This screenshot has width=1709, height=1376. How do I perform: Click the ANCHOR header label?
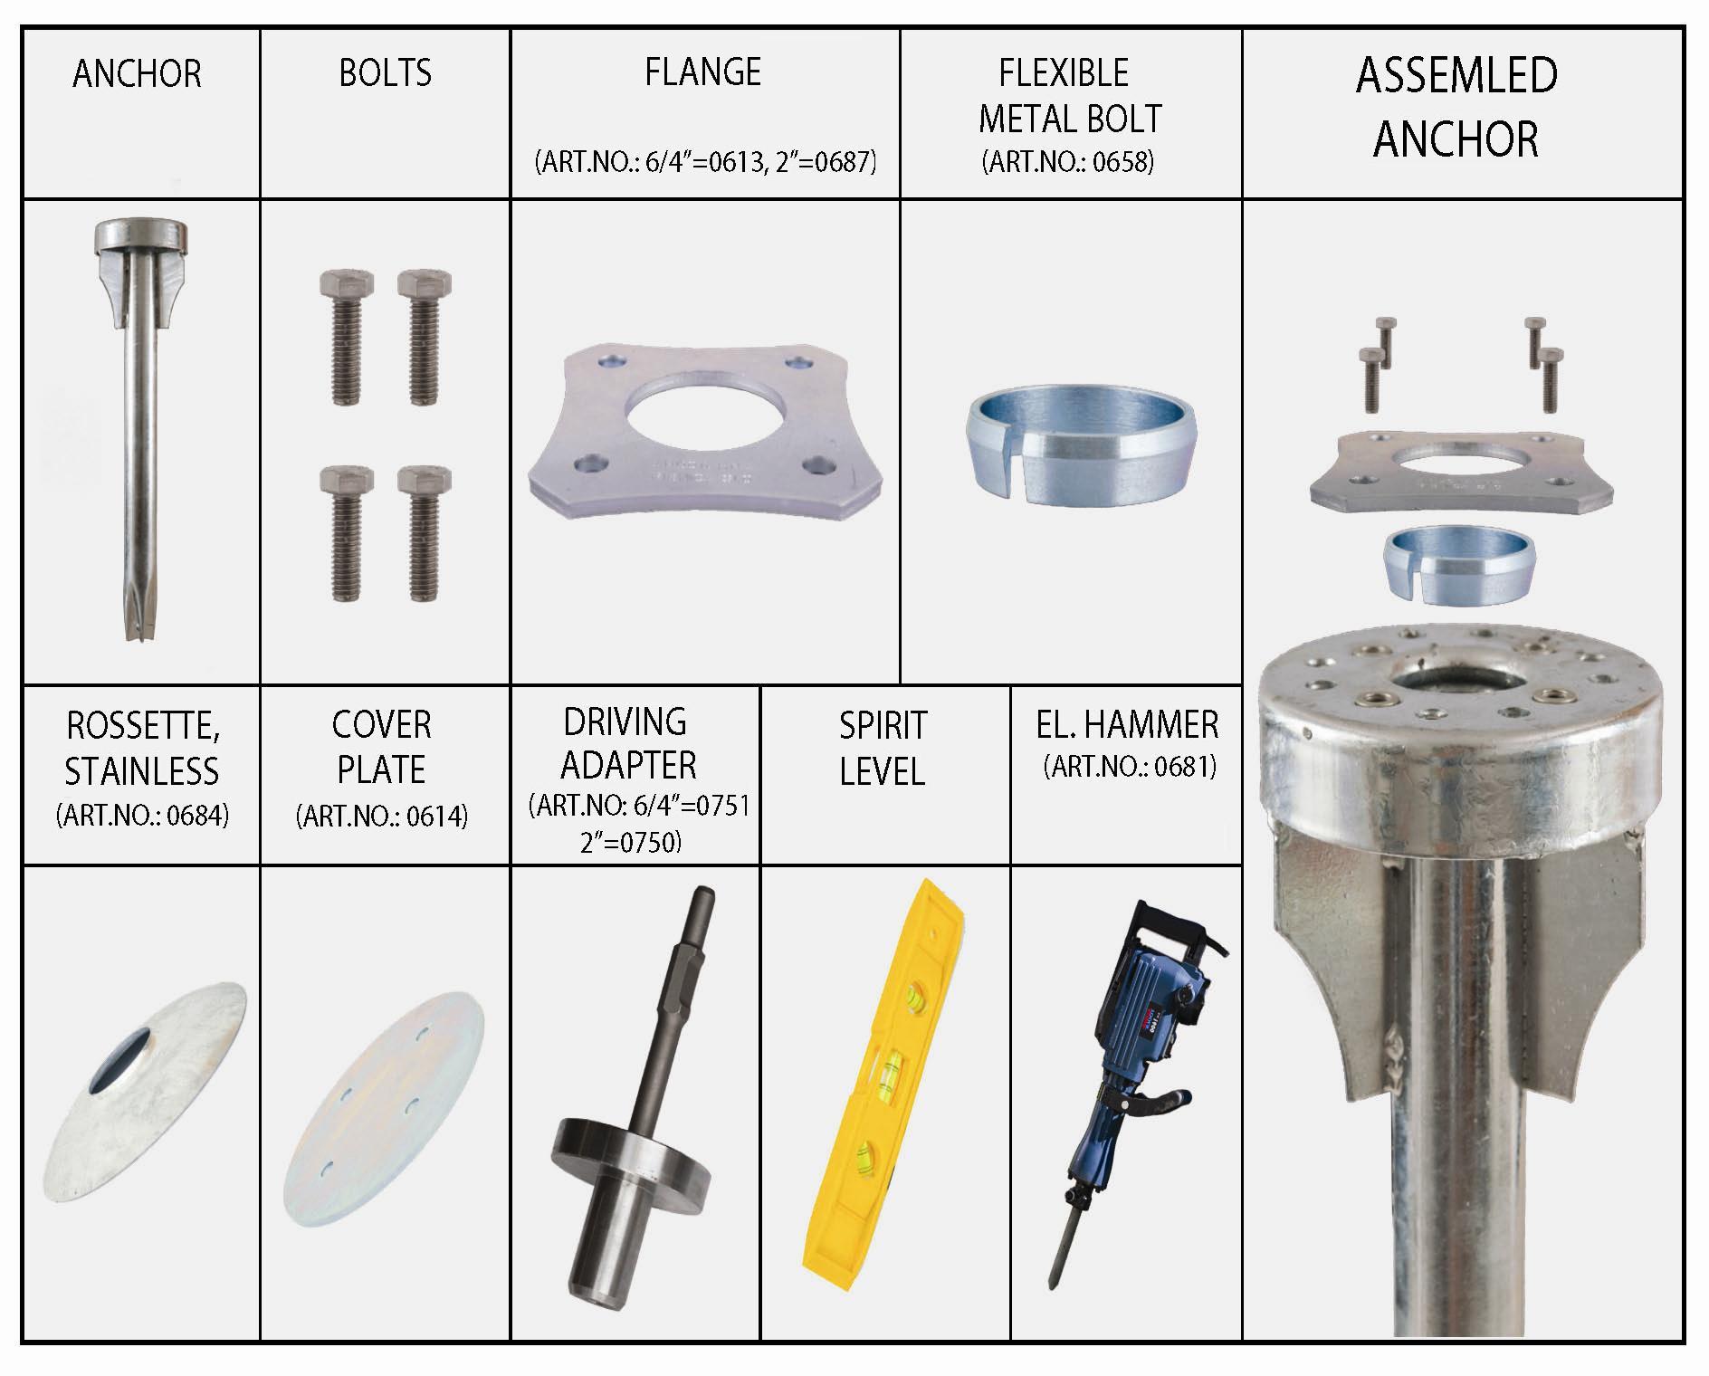tap(137, 73)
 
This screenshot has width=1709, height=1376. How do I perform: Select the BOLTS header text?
tap(385, 72)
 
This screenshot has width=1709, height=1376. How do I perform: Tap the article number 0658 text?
tap(1068, 162)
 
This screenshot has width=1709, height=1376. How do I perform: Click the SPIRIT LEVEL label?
tap(883, 748)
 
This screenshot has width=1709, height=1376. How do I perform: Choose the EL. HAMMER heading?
tap(1128, 724)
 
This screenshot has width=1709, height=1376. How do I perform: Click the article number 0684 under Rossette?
tap(142, 816)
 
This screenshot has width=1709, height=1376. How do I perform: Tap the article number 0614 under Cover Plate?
tap(382, 817)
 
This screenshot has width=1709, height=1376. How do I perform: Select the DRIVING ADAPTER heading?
tap(627, 743)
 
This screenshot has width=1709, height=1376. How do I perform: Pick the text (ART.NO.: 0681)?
tap(1130, 767)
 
